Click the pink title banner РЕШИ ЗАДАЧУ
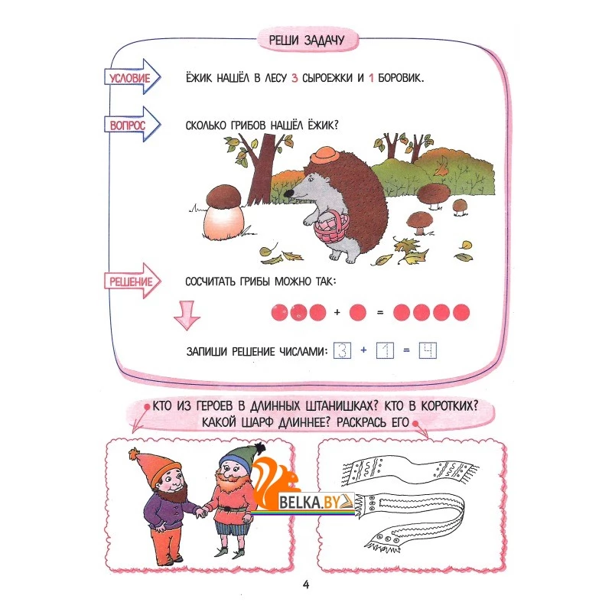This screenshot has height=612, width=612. [x=308, y=40]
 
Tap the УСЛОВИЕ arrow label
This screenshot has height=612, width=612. [x=132, y=77]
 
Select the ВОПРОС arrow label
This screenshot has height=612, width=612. [x=132, y=125]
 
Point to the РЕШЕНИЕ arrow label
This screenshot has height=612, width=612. [x=132, y=281]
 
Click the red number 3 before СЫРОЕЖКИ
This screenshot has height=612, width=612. [x=295, y=78]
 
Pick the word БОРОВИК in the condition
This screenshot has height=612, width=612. [x=400, y=78]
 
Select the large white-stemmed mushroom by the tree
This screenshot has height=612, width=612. [x=223, y=212]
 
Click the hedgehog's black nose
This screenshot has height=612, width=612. [x=288, y=193]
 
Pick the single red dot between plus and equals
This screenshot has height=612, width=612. [x=358, y=312]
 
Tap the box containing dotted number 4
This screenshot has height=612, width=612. [x=428, y=350]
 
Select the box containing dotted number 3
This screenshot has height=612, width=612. [x=342, y=350]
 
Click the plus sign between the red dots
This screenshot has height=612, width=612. [x=337, y=312]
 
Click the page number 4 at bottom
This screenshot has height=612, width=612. [x=306, y=584]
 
